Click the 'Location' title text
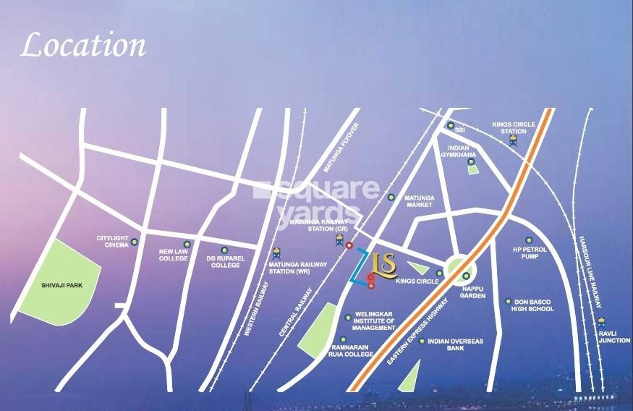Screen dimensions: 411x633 coord(82,45)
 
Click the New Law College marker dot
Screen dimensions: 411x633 coord(187,244)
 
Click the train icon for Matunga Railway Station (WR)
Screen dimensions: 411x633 coord(276,254)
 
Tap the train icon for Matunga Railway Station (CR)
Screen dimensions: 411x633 coord(339,240)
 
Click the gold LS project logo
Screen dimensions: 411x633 coord(383,266)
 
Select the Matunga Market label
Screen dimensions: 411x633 coord(418,200)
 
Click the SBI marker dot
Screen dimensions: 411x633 coord(451,126)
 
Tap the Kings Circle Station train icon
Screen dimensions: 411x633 coord(514,141)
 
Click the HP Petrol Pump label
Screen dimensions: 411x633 coord(528,253)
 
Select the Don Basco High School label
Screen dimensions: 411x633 coord(533,305)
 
